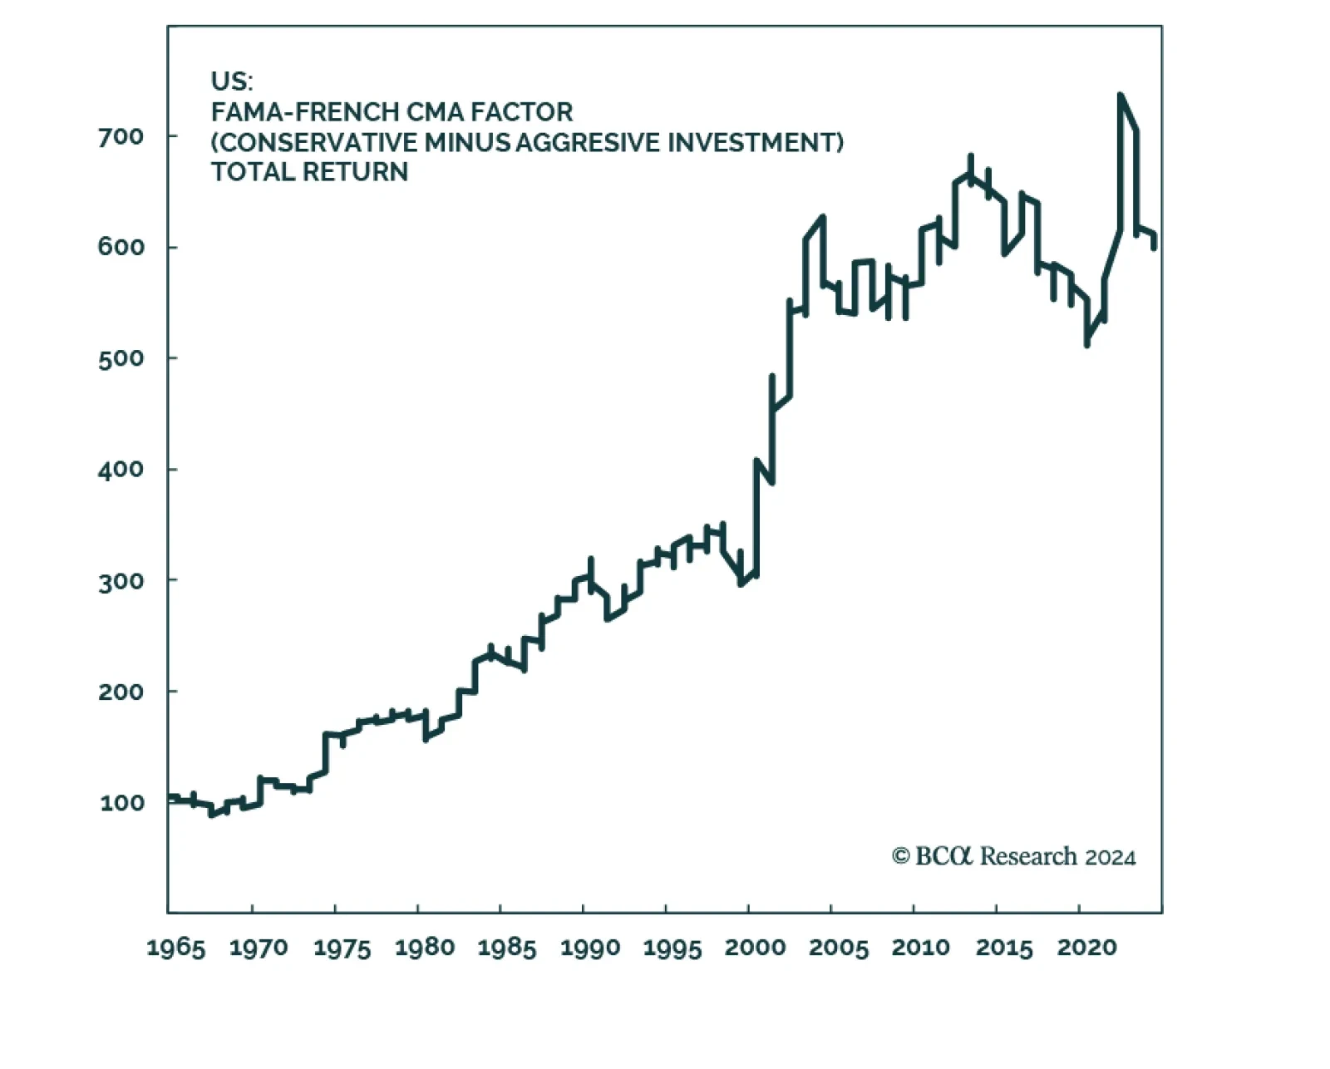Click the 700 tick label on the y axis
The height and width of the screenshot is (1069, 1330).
(x=121, y=136)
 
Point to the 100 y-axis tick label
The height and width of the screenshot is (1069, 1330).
(x=121, y=803)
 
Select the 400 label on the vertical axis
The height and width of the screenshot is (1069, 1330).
(x=121, y=470)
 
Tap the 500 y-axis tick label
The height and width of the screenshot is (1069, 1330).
(x=121, y=358)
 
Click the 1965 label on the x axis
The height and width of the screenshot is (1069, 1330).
(x=175, y=948)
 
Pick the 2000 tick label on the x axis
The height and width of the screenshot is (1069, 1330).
(x=755, y=948)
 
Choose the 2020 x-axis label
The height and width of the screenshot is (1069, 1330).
(x=1086, y=948)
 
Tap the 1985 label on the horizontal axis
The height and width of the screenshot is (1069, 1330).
(x=506, y=948)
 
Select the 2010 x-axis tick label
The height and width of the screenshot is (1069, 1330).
(x=920, y=948)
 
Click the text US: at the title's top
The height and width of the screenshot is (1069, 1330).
(x=231, y=81)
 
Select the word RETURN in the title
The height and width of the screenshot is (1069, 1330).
(x=355, y=172)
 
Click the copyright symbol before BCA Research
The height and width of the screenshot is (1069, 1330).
(x=900, y=856)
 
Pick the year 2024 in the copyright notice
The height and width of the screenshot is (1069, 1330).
(x=1111, y=857)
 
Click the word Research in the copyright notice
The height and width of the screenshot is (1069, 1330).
(x=1028, y=856)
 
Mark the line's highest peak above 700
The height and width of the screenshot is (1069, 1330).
(x=1121, y=96)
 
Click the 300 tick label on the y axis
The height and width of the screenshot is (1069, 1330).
(x=121, y=581)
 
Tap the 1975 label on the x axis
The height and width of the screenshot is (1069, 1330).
(x=342, y=948)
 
